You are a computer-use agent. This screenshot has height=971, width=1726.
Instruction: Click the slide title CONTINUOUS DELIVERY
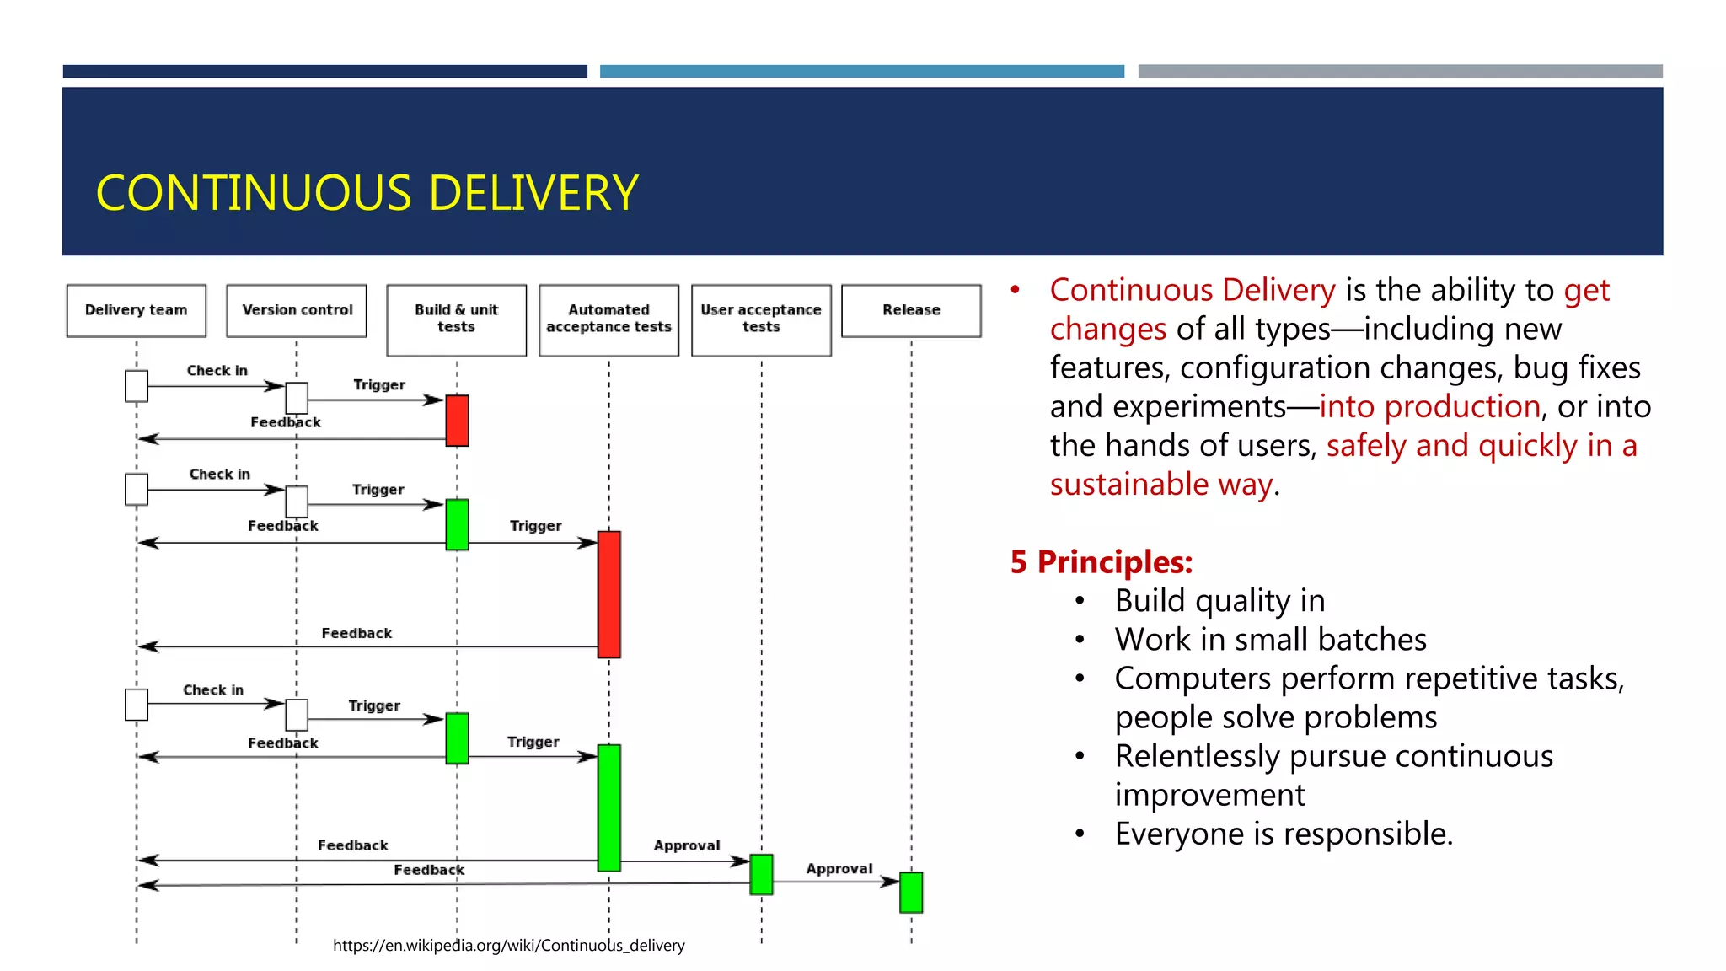[x=367, y=193]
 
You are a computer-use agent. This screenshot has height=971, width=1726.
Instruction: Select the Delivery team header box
[x=137, y=310]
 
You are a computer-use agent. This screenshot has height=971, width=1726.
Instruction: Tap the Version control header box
[x=297, y=310]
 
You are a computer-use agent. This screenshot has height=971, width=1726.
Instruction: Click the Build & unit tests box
[x=456, y=319]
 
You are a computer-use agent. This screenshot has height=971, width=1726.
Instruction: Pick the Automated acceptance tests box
[x=608, y=319]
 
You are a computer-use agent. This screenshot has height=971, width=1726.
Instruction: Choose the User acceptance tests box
[x=761, y=319]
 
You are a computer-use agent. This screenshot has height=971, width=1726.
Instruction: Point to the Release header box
[x=911, y=310]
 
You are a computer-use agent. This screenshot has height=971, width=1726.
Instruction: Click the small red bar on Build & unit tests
[x=457, y=420]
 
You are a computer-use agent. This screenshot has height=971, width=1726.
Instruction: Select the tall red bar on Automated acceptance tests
[x=609, y=593]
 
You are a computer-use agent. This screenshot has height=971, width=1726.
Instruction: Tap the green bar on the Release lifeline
[x=911, y=892]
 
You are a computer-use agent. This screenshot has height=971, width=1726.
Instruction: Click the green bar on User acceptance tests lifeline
[x=761, y=874]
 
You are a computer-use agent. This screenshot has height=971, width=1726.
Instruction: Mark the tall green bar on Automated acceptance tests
[x=609, y=807]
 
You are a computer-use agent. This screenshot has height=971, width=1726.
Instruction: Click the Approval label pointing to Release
[x=839, y=868]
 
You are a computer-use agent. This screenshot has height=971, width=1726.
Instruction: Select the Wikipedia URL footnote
[x=508, y=946]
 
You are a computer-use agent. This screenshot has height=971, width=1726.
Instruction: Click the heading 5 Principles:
[x=1101, y=562]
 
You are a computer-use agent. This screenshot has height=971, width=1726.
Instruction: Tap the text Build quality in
[x=1219, y=601]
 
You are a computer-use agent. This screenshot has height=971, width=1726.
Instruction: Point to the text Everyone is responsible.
[x=1284, y=834]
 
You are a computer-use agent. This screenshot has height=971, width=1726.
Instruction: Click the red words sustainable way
[x=1160, y=485]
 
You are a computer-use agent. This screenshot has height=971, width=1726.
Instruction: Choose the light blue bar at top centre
[x=861, y=72]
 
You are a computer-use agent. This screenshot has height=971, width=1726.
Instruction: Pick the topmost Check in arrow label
[x=217, y=371]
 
